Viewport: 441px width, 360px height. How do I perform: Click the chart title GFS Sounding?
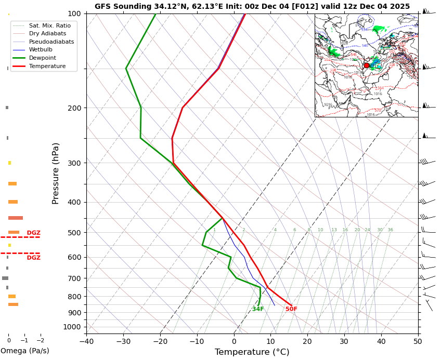(x=252, y=6)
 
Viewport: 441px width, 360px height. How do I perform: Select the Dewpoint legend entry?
(x=43, y=58)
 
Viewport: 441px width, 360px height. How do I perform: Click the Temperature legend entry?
(x=47, y=66)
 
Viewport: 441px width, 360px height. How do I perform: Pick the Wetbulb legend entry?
(x=41, y=49)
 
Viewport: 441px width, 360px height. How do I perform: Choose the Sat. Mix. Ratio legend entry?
(x=49, y=25)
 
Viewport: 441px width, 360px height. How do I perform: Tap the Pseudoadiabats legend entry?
(x=51, y=42)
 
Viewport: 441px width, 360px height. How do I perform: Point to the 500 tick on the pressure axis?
(x=74, y=232)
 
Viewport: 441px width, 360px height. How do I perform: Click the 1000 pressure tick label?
(x=72, y=327)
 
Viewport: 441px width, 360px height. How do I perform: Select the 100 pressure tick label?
(x=74, y=14)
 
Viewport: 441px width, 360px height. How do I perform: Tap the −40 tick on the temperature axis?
(x=86, y=341)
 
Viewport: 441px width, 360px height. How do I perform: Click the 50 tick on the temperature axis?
(x=418, y=341)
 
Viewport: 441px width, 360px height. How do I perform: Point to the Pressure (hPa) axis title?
(x=56, y=173)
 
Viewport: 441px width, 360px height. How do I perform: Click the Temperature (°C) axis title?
(x=252, y=352)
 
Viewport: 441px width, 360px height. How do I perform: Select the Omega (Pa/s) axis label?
(x=24, y=351)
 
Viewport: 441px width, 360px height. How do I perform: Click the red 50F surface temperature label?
(x=291, y=309)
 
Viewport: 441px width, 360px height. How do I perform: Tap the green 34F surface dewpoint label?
(x=258, y=309)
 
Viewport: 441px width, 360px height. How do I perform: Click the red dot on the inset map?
(x=367, y=65)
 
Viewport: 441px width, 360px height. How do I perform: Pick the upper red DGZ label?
(x=33, y=233)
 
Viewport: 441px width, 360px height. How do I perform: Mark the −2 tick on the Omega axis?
(x=40, y=341)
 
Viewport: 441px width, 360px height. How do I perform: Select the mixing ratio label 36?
(x=390, y=230)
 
